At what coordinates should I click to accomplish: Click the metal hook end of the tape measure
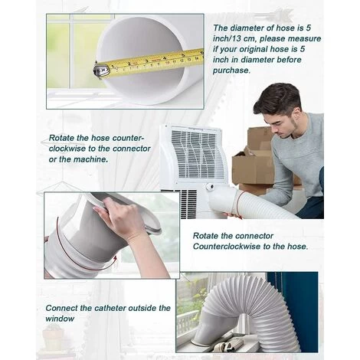[x=100, y=70]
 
